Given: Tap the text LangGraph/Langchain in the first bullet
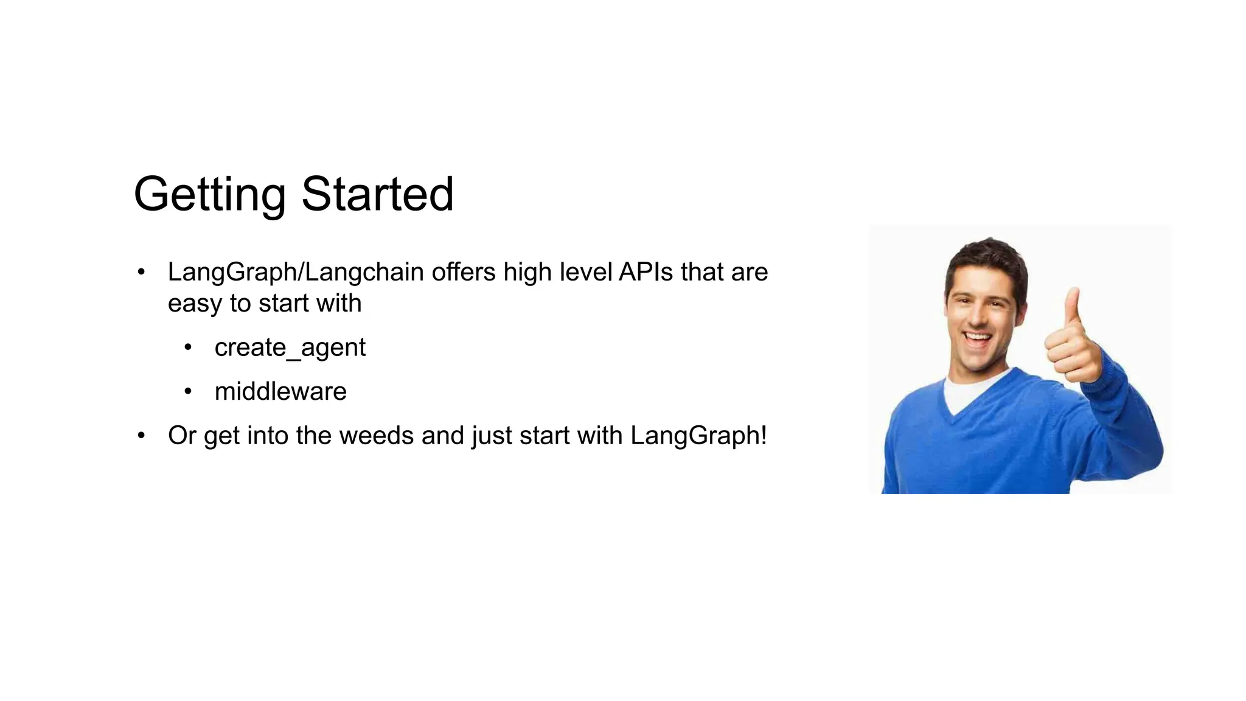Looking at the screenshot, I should click(x=296, y=272).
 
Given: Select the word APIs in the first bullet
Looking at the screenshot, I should click(x=646, y=272).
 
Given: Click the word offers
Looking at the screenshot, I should click(x=464, y=272).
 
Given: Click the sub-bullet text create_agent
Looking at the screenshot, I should click(x=290, y=348).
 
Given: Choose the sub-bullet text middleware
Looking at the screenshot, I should click(x=280, y=391).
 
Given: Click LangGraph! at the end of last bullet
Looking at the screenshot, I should click(x=698, y=436).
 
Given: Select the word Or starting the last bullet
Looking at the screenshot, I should click(x=181, y=436).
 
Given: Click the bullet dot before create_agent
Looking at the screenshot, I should click(x=188, y=347).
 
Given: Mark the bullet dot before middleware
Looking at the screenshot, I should click(x=188, y=391).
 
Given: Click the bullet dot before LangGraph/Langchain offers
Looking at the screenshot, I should click(x=141, y=272).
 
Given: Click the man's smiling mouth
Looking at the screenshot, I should click(x=978, y=338).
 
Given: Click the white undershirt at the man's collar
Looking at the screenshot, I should click(x=967, y=392).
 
